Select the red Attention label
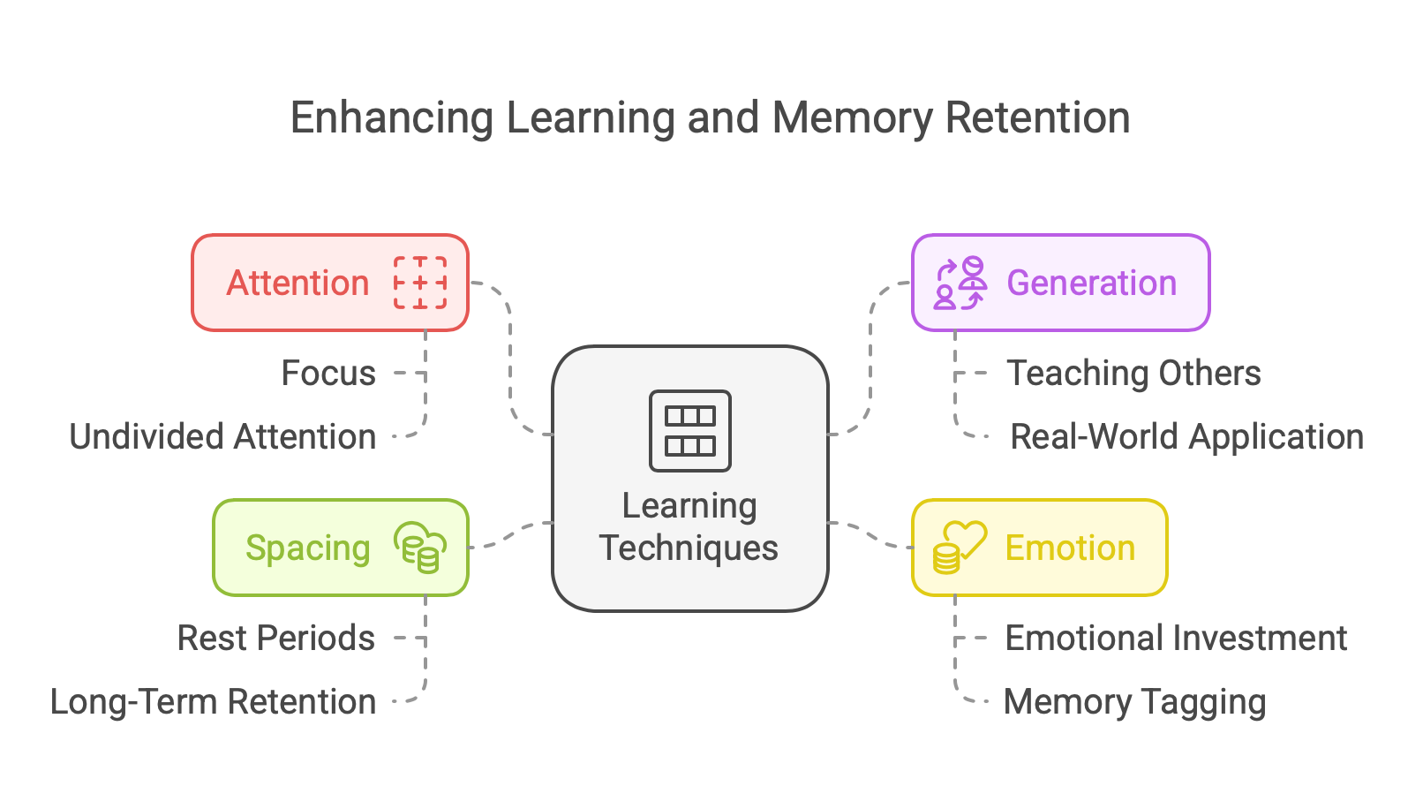point(297,284)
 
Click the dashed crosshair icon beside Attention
point(420,283)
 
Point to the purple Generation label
point(1091,284)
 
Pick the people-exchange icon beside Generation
point(960,284)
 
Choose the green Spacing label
point(307,548)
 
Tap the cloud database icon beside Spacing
point(420,548)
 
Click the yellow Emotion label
point(1070,548)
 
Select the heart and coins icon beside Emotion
point(959,548)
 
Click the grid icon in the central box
point(690,431)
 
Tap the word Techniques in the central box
point(689,548)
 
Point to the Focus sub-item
point(328,374)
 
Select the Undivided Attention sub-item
point(222,437)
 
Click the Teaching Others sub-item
point(1133,374)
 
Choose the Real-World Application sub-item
point(1186,437)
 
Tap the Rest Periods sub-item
point(275,639)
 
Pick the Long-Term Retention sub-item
point(213,702)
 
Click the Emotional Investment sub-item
point(1176,639)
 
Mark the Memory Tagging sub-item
point(1135,702)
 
